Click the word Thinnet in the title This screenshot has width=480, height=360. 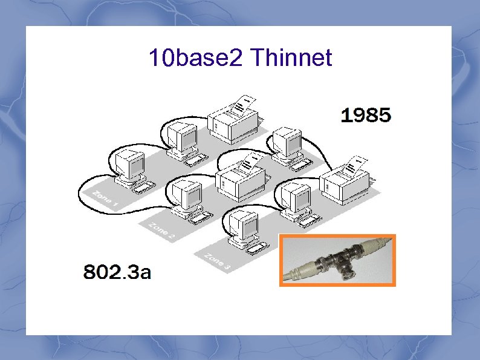[x=290, y=58]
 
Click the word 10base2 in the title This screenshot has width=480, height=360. [x=196, y=58]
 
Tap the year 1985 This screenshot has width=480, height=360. [x=366, y=115]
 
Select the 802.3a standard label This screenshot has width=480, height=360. [x=117, y=272]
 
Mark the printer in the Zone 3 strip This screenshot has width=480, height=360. [x=345, y=183]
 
